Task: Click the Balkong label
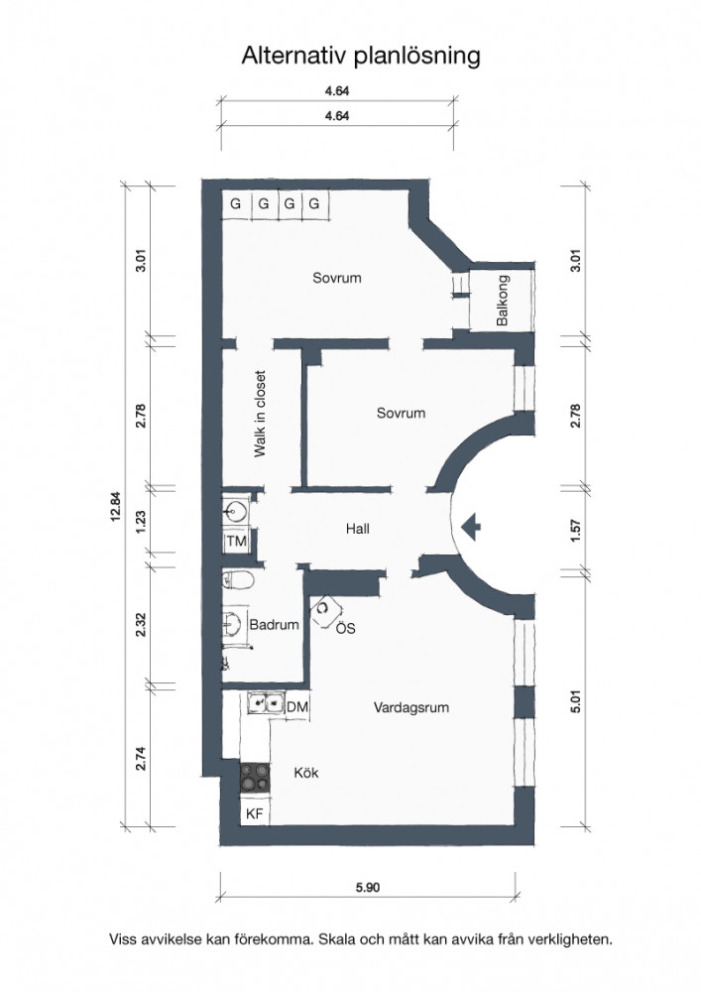[x=503, y=300]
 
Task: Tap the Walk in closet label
[x=260, y=414]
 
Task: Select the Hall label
[x=358, y=529]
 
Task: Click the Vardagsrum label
[x=411, y=706]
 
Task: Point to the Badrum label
[x=275, y=624]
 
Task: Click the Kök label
[x=306, y=773]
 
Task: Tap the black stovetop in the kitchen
[x=255, y=777]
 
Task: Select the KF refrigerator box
[x=255, y=813]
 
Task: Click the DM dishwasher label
[x=297, y=706]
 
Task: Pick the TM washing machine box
[x=236, y=541]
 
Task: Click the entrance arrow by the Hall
[x=471, y=527]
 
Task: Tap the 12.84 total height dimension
[x=114, y=506]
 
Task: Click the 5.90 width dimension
[x=368, y=887]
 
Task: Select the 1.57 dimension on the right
[x=575, y=530]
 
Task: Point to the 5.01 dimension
[x=575, y=701]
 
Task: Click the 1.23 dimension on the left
[x=141, y=522]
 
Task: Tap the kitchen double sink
[x=266, y=703]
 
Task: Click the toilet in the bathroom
[x=238, y=579]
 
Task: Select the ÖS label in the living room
[x=346, y=628]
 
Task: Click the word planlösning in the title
[x=417, y=57]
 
